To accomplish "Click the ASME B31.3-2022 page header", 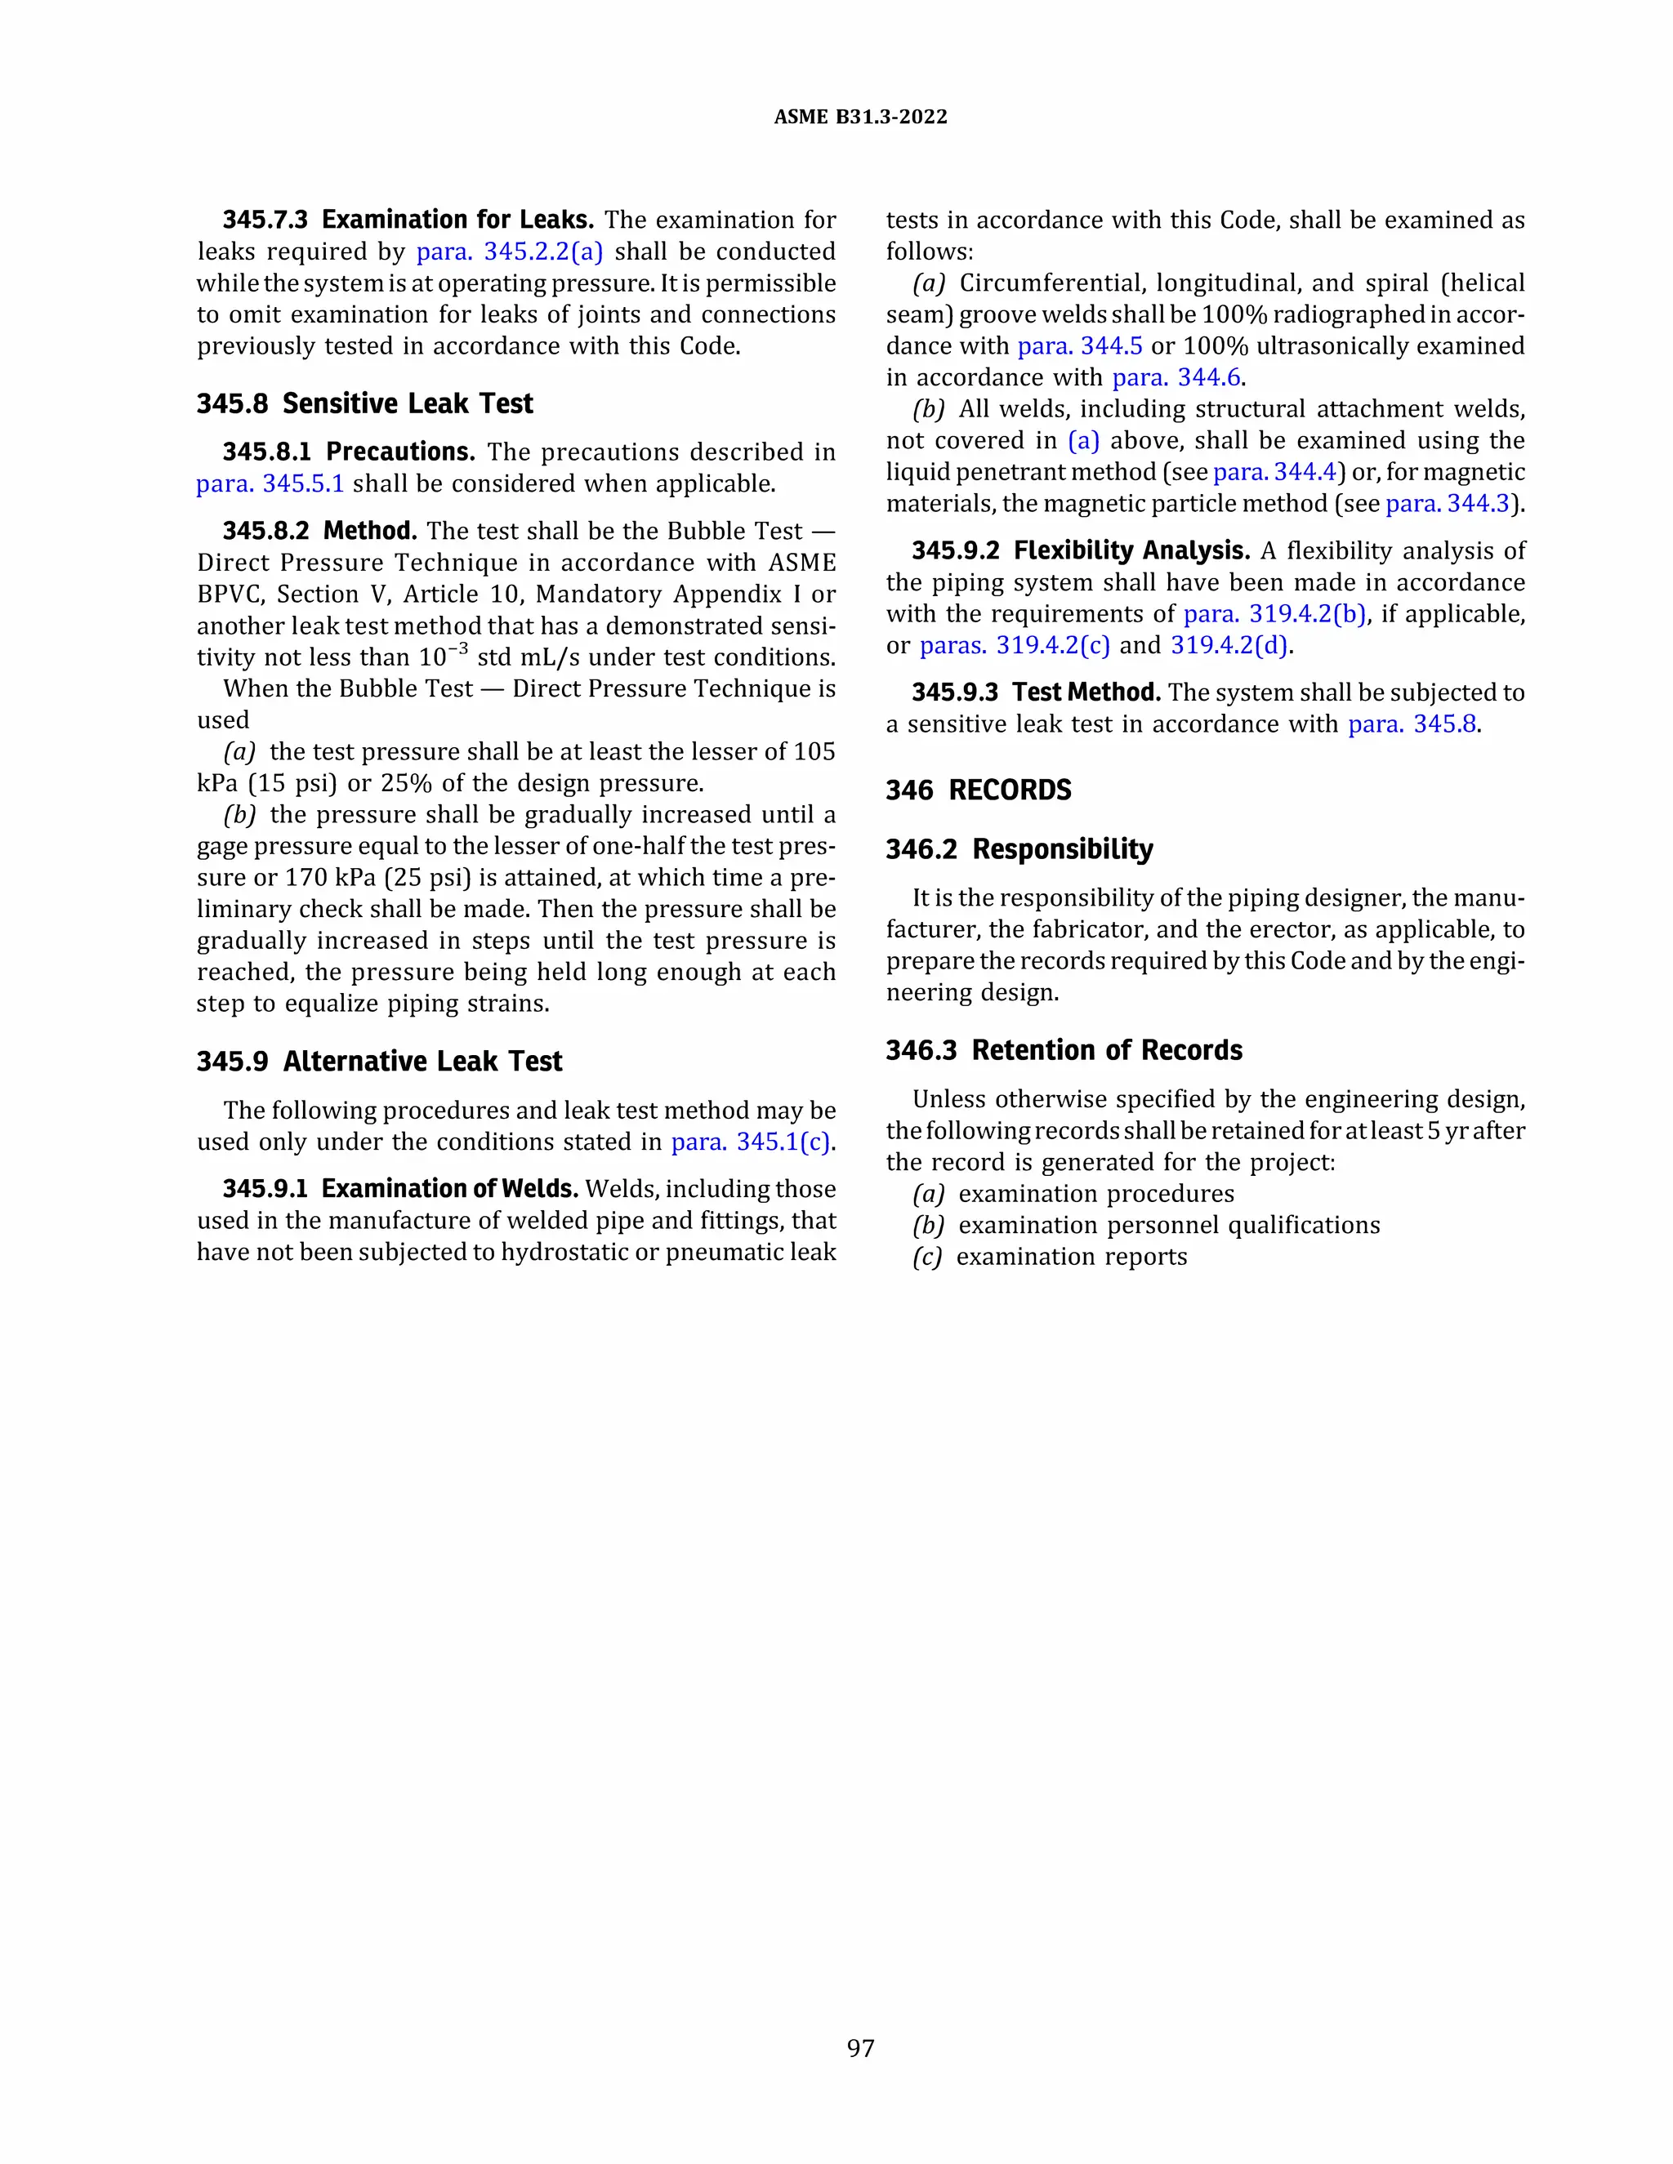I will [x=859, y=117].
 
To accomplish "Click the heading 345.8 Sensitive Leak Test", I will [x=364, y=403].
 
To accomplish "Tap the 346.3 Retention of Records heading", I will [x=1064, y=1050].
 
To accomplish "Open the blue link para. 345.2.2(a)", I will [x=510, y=252].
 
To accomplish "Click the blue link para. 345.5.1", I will [x=270, y=483].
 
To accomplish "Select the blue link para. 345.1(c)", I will [x=752, y=1142].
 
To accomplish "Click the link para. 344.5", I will [x=1079, y=345].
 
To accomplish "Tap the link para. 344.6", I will [x=1176, y=377].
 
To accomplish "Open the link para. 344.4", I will [x=1274, y=472].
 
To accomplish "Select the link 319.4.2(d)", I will [x=1229, y=646].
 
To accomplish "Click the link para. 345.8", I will [x=1412, y=724].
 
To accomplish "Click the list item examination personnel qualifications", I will [x=1168, y=1226].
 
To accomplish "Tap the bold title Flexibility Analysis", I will [x=1131, y=551].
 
